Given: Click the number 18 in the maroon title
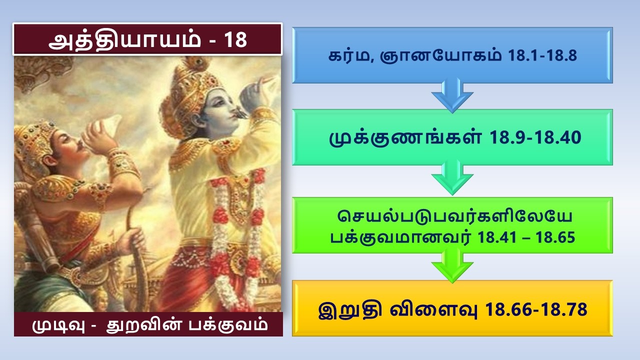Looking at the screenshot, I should click(x=235, y=40).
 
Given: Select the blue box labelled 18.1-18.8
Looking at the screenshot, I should click(x=452, y=55).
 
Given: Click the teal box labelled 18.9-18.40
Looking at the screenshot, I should click(x=452, y=137).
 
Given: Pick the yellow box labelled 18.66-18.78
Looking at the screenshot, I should click(x=452, y=308).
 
